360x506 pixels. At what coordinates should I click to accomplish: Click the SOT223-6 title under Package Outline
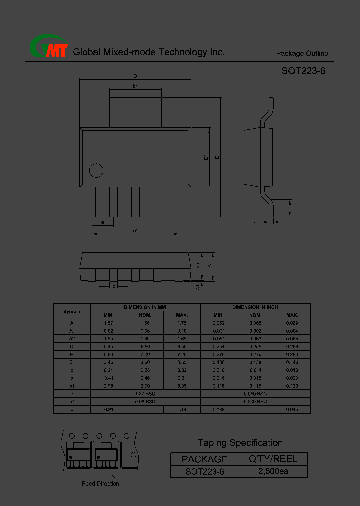click(303, 71)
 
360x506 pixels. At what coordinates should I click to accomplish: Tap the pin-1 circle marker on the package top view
click(96, 170)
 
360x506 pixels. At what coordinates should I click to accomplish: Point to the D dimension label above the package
click(135, 76)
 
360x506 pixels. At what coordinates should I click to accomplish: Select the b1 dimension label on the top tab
click(135, 86)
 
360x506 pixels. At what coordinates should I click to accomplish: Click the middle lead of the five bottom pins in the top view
click(135, 202)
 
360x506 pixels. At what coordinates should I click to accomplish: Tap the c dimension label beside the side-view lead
click(255, 222)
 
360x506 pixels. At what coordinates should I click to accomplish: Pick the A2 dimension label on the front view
click(199, 266)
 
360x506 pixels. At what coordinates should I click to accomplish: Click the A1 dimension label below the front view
click(198, 287)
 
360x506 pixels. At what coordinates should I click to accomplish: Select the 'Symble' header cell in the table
click(72, 311)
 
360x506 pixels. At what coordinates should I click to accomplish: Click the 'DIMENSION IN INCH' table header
click(255, 307)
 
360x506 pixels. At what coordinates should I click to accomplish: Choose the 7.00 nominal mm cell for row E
click(145, 354)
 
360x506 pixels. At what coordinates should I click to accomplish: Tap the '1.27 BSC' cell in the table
click(145, 394)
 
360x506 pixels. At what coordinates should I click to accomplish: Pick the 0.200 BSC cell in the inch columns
click(255, 402)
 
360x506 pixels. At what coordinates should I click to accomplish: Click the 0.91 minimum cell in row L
click(109, 410)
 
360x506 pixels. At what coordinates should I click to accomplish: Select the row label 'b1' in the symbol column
click(72, 386)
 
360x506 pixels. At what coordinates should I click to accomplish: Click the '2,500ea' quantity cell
click(273, 471)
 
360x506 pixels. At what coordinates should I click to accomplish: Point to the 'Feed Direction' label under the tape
click(100, 483)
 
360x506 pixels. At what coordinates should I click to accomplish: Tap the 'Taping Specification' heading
click(240, 443)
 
